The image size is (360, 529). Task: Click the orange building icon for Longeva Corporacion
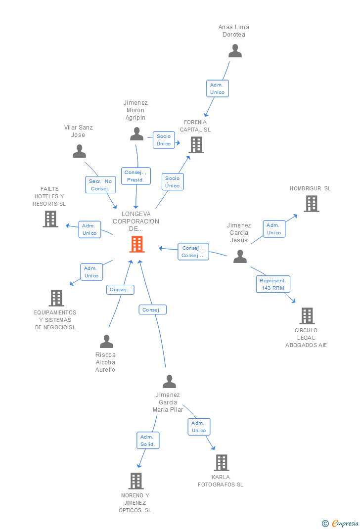(137, 244)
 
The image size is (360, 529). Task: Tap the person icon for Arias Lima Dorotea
(235, 51)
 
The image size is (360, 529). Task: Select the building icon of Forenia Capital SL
(196, 145)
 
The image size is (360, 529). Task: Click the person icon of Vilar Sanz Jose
(79, 151)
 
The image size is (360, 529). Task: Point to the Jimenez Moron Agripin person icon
(136, 134)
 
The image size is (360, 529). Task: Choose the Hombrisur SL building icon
(311, 204)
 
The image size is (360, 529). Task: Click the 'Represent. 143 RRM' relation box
(273, 284)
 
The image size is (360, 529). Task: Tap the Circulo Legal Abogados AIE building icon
(307, 316)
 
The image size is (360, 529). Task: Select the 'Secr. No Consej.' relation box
(100, 185)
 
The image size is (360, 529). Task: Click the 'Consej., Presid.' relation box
(135, 176)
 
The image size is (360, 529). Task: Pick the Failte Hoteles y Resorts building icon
(50, 219)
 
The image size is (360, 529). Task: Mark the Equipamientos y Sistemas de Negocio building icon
(56, 298)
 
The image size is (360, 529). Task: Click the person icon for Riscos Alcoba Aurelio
(106, 342)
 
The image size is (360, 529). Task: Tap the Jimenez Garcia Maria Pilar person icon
(169, 382)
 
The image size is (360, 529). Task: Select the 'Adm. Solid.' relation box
(147, 441)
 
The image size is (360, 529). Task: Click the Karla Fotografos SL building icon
(221, 463)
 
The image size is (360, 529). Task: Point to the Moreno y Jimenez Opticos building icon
(136, 481)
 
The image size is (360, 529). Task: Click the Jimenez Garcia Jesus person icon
(240, 257)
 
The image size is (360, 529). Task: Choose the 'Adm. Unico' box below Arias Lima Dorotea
(217, 88)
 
